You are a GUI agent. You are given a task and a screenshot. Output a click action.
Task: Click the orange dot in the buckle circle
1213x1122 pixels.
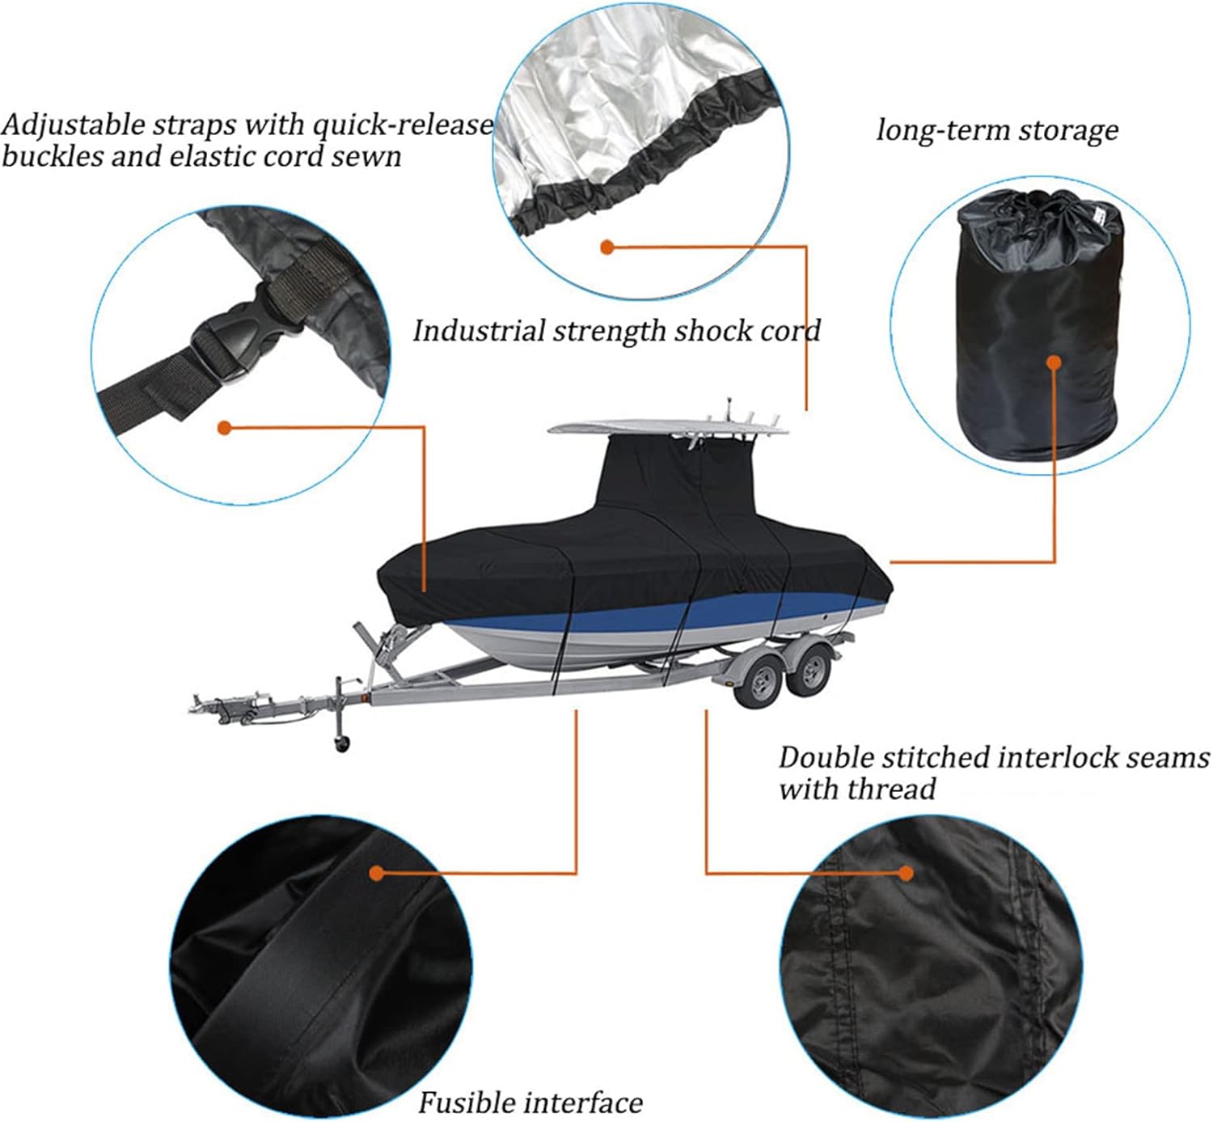pos(225,427)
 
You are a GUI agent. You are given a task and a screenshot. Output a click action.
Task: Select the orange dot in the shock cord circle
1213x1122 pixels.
pos(607,247)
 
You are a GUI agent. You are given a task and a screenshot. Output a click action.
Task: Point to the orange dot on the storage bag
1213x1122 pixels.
pos(1053,362)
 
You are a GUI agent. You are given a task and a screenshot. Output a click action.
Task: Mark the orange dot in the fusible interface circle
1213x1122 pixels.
pos(377,873)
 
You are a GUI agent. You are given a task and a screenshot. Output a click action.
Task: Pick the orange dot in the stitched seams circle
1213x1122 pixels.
pos(906,873)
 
